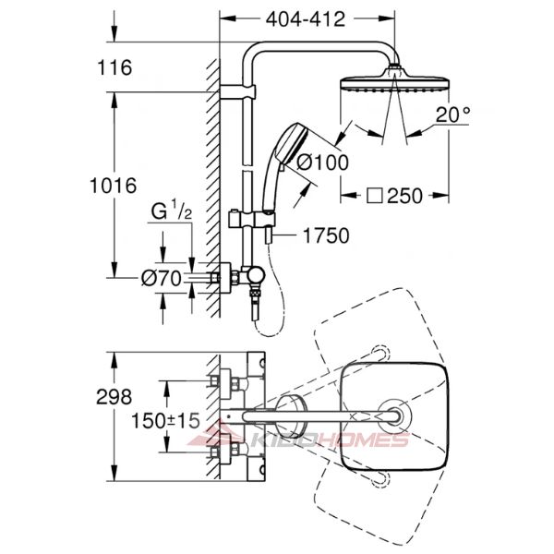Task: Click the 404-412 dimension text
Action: [x=306, y=19]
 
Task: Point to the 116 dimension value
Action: [x=114, y=67]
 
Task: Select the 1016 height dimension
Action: [x=113, y=186]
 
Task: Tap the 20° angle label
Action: [x=452, y=114]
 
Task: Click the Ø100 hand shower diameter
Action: [x=322, y=163]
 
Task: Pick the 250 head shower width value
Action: [x=404, y=196]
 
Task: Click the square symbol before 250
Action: [x=375, y=196]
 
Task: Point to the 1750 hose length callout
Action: [x=326, y=235]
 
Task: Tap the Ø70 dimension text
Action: [x=162, y=279]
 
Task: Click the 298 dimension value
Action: [x=114, y=397]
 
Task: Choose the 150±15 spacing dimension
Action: [x=165, y=420]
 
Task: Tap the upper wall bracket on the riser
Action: [x=237, y=91]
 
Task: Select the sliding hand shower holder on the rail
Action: [x=251, y=220]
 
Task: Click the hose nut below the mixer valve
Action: [x=255, y=294]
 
